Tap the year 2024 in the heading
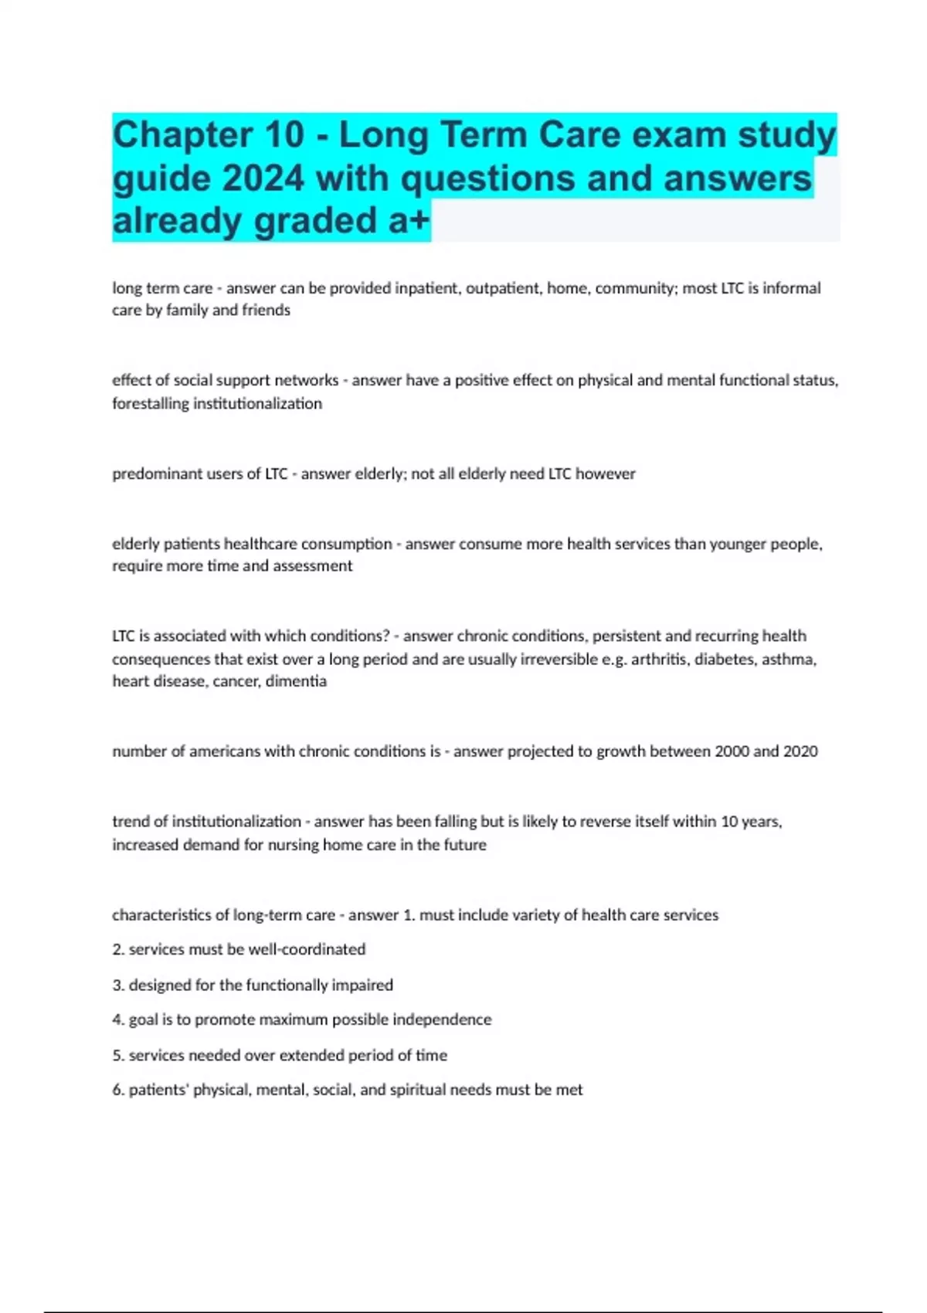[263, 179]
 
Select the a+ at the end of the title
[409, 221]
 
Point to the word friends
[267, 310]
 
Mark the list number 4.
[117, 1020]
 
